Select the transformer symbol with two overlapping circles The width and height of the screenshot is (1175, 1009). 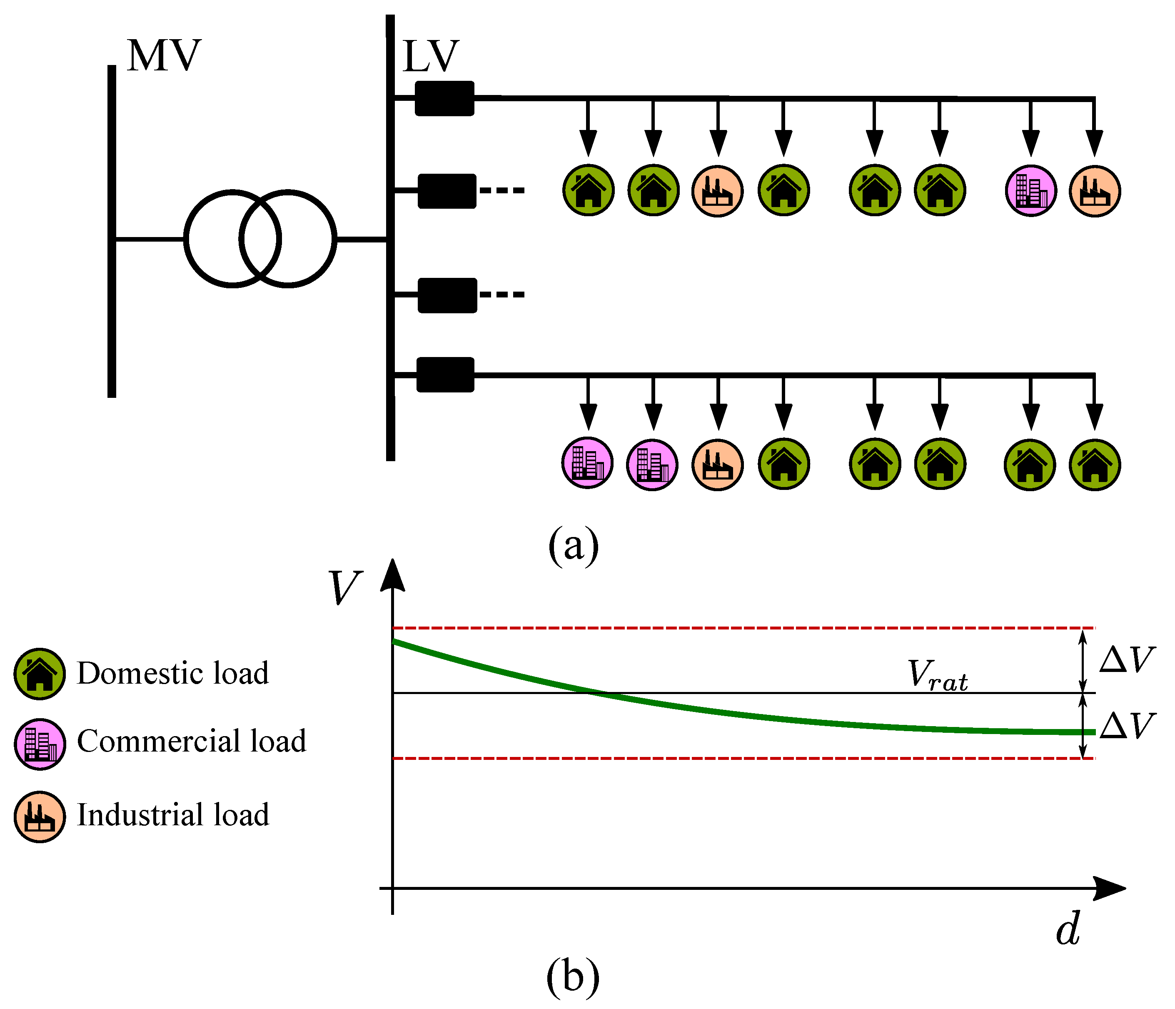coord(260,239)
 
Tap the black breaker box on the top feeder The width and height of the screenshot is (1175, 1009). coord(444,99)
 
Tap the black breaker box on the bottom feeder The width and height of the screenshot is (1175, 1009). coord(445,375)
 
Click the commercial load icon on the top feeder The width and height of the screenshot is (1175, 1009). coord(1030,190)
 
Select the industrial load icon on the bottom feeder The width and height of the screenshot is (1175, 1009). coord(717,465)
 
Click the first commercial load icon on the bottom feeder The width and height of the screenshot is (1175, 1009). coord(587,463)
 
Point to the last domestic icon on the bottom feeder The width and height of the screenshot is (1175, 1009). coord(1095,465)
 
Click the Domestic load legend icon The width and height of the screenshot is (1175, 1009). coord(40,674)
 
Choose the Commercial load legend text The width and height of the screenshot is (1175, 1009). coord(192,741)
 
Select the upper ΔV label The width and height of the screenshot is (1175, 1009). coord(1126,659)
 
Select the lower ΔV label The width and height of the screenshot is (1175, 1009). coord(1126,726)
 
